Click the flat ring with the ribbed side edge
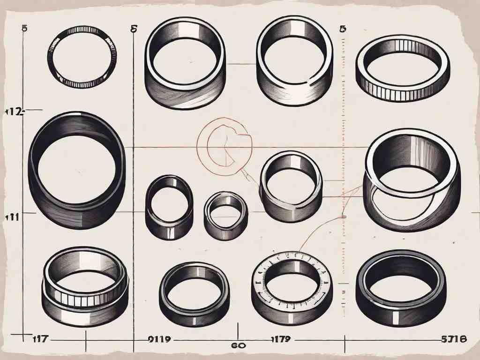[402, 75]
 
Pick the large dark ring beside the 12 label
[77, 172]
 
